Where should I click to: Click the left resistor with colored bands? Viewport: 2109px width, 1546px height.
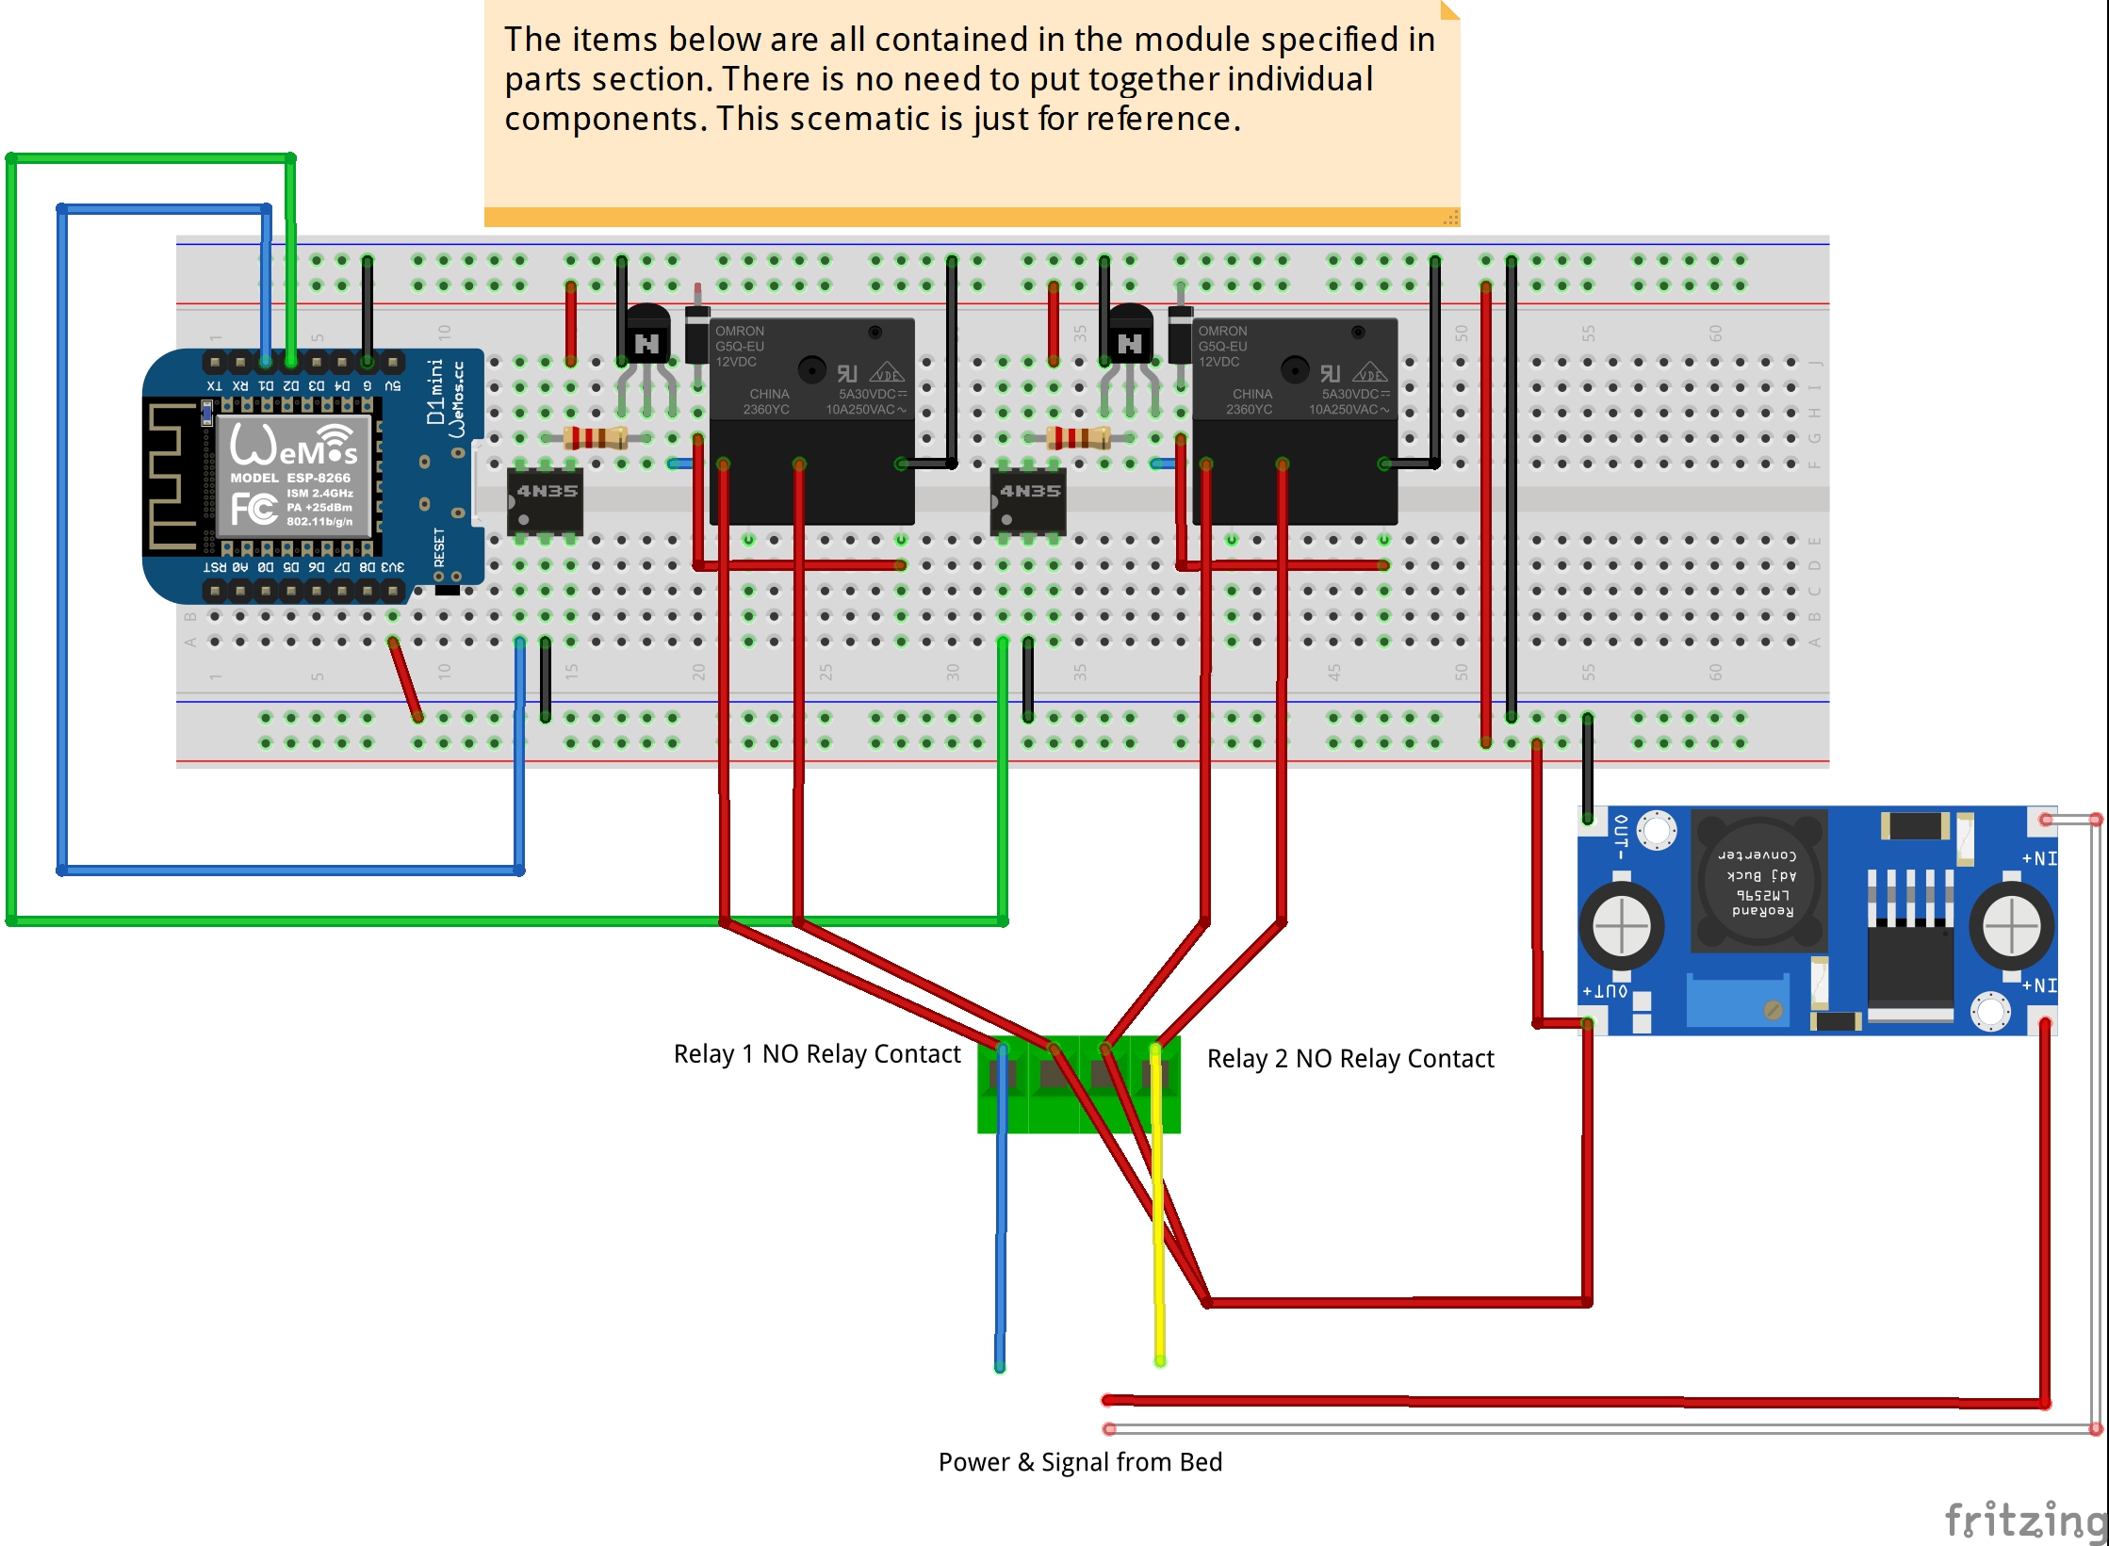point(596,437)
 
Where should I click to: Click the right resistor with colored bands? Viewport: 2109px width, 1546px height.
point(1079,437)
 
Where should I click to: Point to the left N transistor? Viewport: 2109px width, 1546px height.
point(647,339)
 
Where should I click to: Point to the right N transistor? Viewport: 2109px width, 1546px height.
point(1130,339)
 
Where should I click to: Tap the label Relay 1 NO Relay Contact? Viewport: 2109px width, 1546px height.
point(816,1053)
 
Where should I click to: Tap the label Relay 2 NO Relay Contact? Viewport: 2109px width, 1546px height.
point(1349,1058)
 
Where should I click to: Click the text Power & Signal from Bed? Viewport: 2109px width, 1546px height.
point(1080,1461)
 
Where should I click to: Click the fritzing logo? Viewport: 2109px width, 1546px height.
point(2024,1519)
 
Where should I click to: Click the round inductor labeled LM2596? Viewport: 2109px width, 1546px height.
point(1757,882)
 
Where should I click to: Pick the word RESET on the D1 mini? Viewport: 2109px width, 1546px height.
point(439,547)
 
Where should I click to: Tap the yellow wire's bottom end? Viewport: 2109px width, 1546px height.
point(1160,1359)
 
